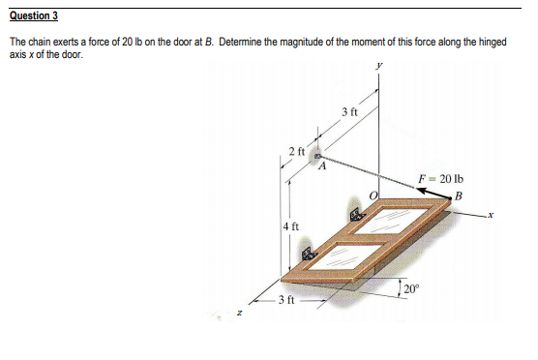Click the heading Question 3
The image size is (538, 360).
(34, 15)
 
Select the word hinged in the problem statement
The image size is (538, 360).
(488, 45)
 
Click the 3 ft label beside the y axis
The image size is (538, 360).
(349, 114)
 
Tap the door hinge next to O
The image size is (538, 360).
(353, 215)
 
